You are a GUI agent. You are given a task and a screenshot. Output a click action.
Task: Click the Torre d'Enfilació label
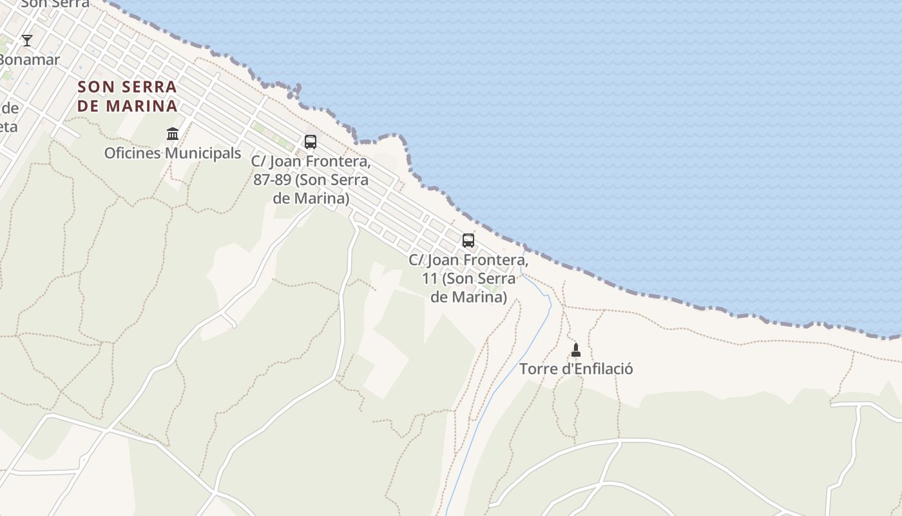point(576,369)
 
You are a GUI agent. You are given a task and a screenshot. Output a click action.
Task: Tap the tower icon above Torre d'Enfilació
point(576,350)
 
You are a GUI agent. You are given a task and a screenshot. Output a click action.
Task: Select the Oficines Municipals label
point(173,154)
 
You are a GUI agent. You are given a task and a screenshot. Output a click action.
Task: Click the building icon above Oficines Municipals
point(173,134)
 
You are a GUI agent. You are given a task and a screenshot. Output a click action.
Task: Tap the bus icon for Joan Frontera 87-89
point(311,142)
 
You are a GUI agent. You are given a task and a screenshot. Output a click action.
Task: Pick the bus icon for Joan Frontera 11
point(468,241)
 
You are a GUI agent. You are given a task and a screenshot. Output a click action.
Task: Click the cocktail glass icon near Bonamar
point(27,41)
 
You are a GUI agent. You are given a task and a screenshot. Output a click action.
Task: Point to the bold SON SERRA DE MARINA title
point(127,96)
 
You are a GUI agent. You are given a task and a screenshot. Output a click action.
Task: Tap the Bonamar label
point(30,60)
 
